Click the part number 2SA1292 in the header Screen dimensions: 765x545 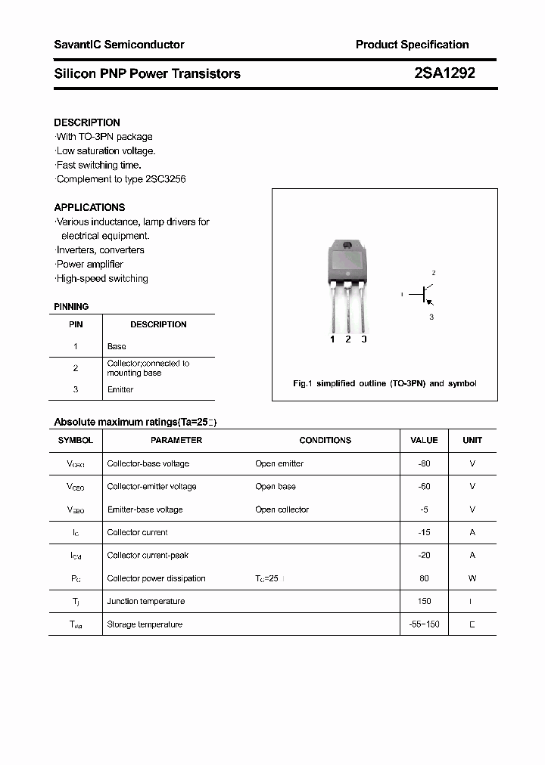[444, 73]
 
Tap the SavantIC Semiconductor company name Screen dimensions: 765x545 [119, 45]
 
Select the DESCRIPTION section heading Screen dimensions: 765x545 [87, 122]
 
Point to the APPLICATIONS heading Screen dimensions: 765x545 [89, 207]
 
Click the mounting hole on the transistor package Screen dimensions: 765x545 [347, 245]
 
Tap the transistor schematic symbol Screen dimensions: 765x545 [425, 294]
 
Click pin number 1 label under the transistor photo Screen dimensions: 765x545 [332, 339]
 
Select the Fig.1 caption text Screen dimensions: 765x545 [385, 383]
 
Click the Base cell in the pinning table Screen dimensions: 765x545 [117, 346]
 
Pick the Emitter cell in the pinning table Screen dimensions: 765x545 [120, 389]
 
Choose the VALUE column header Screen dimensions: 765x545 [424, 440]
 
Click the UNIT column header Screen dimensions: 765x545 [472, 440]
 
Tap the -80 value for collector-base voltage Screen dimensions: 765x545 [424, 463]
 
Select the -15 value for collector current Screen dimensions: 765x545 [424, 532]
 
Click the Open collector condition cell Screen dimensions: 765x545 [282, 509]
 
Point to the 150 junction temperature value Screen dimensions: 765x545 [424, 601]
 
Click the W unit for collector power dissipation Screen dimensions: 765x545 [472, 578]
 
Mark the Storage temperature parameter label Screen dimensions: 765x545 [145, 624]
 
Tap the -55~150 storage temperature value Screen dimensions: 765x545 [424, 624]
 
